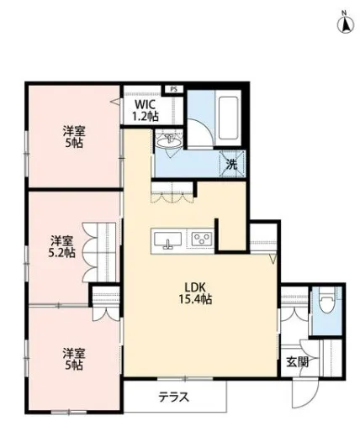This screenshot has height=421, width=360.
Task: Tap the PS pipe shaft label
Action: pos(174,89)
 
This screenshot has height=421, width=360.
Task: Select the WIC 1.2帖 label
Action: pos(146,110)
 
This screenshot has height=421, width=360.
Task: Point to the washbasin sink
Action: pos(169,141)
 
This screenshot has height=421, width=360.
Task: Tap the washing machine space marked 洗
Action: pos(232,165)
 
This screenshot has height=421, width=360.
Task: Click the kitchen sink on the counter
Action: pos(167,240)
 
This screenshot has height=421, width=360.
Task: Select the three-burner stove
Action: pos(201,239)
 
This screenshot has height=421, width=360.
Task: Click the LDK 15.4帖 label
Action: pos(195,293)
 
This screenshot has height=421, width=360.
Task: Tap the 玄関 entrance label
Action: pos(298,362)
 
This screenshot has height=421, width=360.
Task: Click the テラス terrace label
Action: pos(174,397)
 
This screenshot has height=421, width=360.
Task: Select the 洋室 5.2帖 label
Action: pos(61,247)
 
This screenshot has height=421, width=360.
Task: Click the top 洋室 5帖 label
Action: pos(74,137)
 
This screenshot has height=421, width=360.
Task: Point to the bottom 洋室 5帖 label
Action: pos(74,359)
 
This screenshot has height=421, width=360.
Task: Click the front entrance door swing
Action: pos(304,392)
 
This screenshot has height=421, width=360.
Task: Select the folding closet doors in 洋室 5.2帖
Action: pos(90,252)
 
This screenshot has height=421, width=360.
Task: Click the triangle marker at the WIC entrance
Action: pos(115,102)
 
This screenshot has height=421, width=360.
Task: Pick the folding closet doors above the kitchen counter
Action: pos(172,197)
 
